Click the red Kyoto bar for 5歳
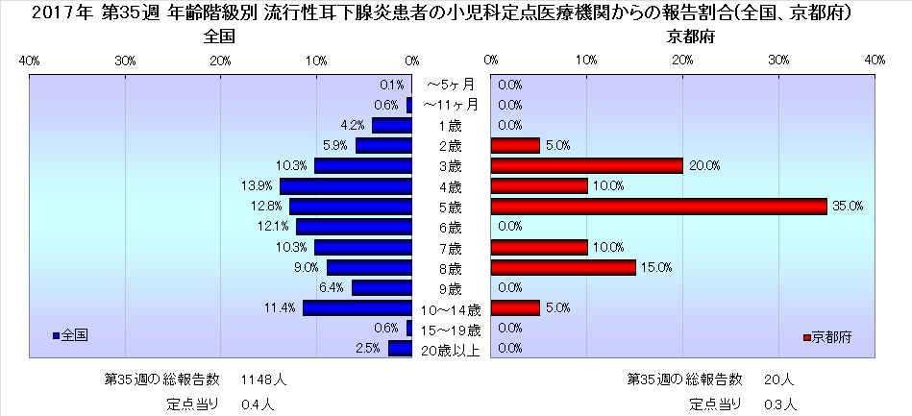click(658, 207)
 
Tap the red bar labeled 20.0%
click(586, 166)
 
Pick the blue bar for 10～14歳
click(357, 308)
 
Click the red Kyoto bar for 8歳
click(563, 267)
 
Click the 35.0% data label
click(850, 207)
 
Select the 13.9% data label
click(254, 186)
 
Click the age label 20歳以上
click(451, 350)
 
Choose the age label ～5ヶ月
click(451, 85)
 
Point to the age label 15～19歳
click(451, 330)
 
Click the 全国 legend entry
click(71, 336)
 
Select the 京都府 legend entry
click(826, 336)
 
